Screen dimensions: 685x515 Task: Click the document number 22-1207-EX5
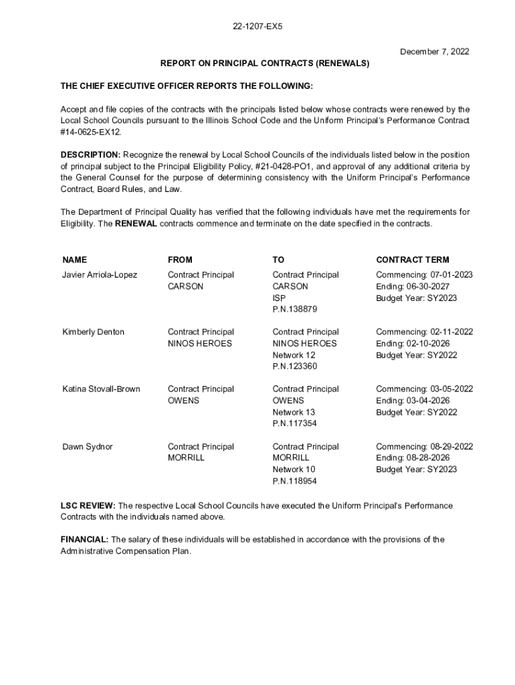(257, 27)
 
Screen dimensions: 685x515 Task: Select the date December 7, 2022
(435, 52)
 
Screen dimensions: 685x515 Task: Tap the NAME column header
(74, 260)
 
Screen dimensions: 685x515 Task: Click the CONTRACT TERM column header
(413, 260)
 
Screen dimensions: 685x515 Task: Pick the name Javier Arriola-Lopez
(100, 275)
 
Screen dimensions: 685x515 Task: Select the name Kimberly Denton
(93, 332)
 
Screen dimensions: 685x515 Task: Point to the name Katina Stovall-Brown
(101, 389)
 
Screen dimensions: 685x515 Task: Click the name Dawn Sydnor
(88, 447)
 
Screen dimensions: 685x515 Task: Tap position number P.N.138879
(294, 310)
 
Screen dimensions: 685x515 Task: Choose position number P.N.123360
(294, 367)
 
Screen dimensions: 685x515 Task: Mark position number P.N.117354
(294, 424)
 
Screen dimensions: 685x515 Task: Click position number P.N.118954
(294, 481)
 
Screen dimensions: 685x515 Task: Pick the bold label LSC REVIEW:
(88, 506)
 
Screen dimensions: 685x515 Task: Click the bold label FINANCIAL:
(85, 539)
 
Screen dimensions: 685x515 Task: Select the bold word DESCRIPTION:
(90, 155)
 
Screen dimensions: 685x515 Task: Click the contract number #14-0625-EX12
(90, 132)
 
